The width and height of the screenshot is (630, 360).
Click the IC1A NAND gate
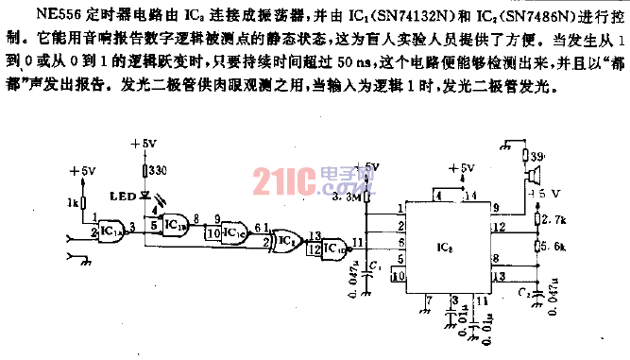point(112,230)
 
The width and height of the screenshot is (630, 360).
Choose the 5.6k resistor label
point(553,246)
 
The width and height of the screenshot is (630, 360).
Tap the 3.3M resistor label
point(349,199)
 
